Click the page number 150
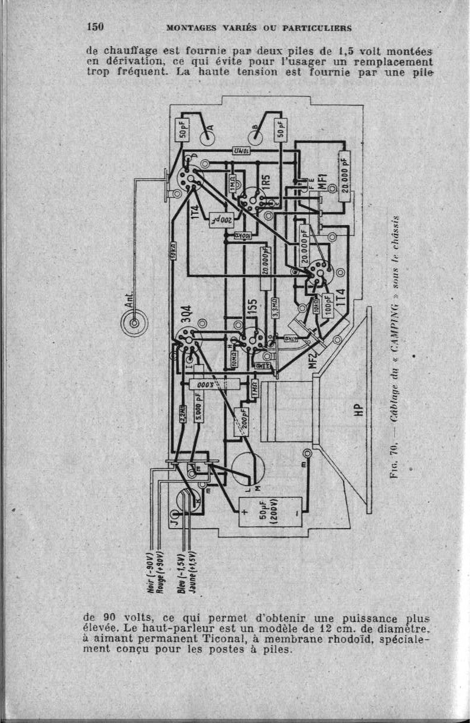pos(95,27)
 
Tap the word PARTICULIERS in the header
pos(318,28)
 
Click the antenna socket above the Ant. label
pos(135,323)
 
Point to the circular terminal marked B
pos(257,135)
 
